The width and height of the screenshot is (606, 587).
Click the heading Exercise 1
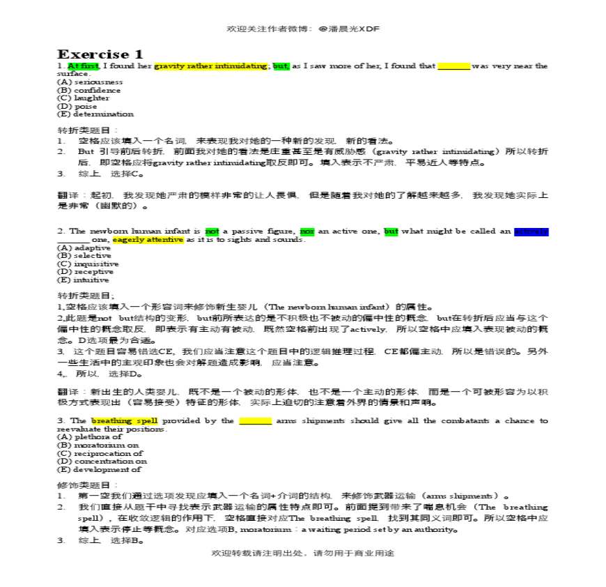100,54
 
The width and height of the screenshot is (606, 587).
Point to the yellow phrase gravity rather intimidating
210,66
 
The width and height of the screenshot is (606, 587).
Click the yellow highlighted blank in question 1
453,66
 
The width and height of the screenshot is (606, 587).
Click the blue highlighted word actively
531,231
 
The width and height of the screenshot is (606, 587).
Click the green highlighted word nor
306,231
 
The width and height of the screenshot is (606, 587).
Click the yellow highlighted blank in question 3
255,421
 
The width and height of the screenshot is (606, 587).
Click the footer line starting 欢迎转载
302,553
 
